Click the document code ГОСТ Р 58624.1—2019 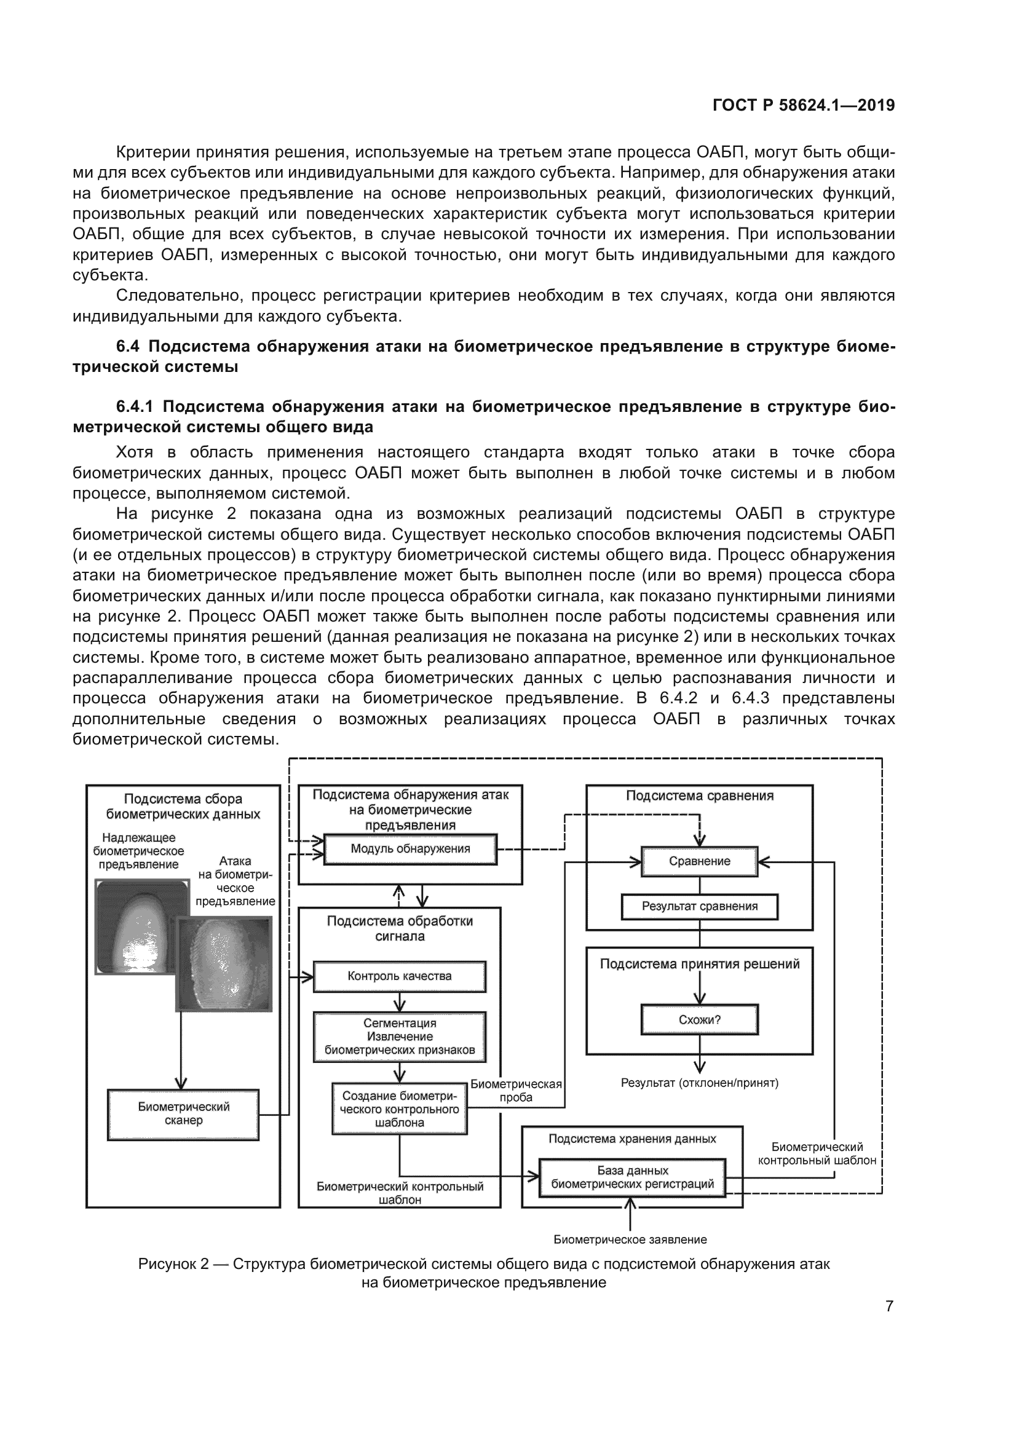pos(804,105)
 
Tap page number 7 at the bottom pos(889,1306)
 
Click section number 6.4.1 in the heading pos(134,407)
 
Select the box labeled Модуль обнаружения pos(410,849)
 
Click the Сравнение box pos(700,861)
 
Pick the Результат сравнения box pos(700,906)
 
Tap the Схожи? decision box pos(700,1019)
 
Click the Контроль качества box pos(400,976)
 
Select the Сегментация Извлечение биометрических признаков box pos(400,1037)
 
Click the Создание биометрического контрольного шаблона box pos(400,1109)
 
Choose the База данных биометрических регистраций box pos(633,1177)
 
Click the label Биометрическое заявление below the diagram pos(630,1240)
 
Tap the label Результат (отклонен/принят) pos(700,1083)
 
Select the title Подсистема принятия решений pos(700,964)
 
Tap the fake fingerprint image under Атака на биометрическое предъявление pos(224,968)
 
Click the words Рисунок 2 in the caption pos(173,1264)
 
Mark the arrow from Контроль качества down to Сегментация pos(400,1001)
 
